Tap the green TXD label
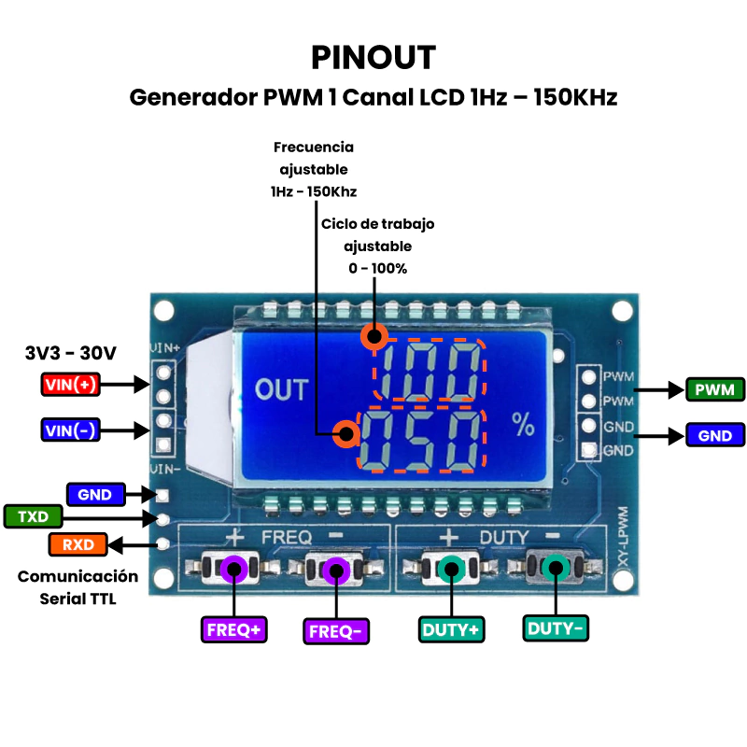point(33,516)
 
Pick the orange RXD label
point(78,543)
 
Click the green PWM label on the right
point(714,389)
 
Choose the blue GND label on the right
point(714,434)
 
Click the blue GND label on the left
point(94,494)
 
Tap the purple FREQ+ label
point(233,630)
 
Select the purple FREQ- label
point(335,631)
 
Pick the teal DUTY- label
point(556,628)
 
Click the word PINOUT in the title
point(373,58)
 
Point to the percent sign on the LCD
point(524,425)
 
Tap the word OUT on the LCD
point(281,389)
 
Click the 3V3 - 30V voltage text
point(71,353)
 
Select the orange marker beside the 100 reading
point(374,336)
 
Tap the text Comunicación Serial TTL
point(78,587)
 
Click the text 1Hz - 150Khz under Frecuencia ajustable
point(314,191)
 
